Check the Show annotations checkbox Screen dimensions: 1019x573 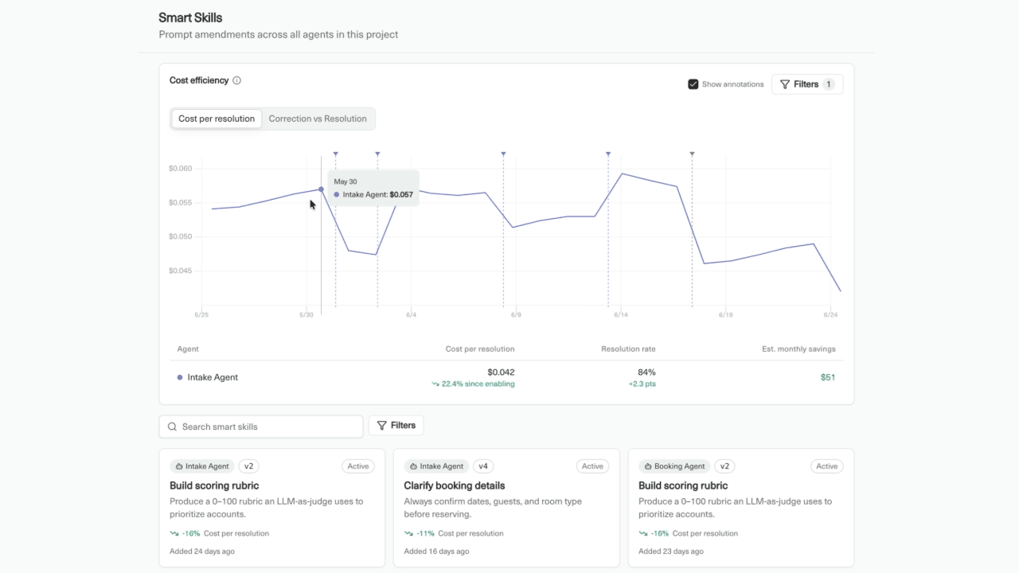[693, 84]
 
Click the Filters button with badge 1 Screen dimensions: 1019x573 [807, 84]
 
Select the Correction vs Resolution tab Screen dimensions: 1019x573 [318, 119]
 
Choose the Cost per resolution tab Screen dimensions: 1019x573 [217, 119]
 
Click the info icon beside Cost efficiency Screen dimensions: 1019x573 [236, 80]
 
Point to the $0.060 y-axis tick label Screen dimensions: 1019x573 [181, 168]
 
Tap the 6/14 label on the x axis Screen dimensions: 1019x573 [620, 314]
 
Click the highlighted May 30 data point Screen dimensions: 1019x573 [321, 189]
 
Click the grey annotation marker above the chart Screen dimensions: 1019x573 [692, 154]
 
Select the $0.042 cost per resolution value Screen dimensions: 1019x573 [501, 372]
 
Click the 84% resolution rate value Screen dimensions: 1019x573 [646, 372]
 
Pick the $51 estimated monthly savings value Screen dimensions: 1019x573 [827, 377]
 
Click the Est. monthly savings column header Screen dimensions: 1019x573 [798, 349]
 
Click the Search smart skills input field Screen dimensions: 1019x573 [261, 427]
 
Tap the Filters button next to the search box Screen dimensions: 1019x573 [396, 425]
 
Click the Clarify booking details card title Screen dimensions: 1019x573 [455, 485]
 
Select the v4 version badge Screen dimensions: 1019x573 [483, 466]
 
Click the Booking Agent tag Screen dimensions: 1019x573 [674, 466]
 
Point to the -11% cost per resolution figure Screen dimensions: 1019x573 [425, 533]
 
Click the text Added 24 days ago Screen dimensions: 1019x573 [202, 552]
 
